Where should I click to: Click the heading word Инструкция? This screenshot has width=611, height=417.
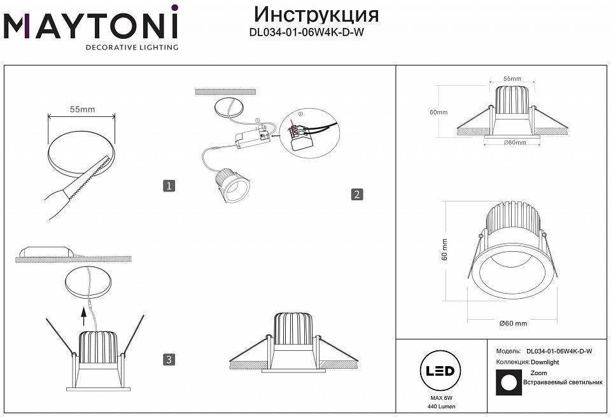pos(316,14)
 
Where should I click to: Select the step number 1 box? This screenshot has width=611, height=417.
pos(169,186)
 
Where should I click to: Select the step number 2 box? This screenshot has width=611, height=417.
pos(357,195)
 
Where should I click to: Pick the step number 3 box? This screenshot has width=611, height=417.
pos(169,360)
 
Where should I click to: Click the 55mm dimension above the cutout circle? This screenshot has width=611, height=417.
pos(82,109)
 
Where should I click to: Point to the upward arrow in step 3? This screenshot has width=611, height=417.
pos(84,314)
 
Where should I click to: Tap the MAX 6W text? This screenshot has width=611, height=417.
pos(436,398)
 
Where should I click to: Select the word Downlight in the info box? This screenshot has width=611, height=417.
pos(545,362)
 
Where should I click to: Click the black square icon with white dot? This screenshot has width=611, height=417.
pos(508,382)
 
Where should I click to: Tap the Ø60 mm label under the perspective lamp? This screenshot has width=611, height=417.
pos(513,324)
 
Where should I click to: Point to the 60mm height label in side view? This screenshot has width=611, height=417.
pos(439,113)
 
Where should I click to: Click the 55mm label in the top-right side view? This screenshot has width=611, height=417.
pos(512,79)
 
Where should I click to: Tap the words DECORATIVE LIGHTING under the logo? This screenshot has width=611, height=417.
pos(132,47)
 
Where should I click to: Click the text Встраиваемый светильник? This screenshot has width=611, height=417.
pos(563,383)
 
